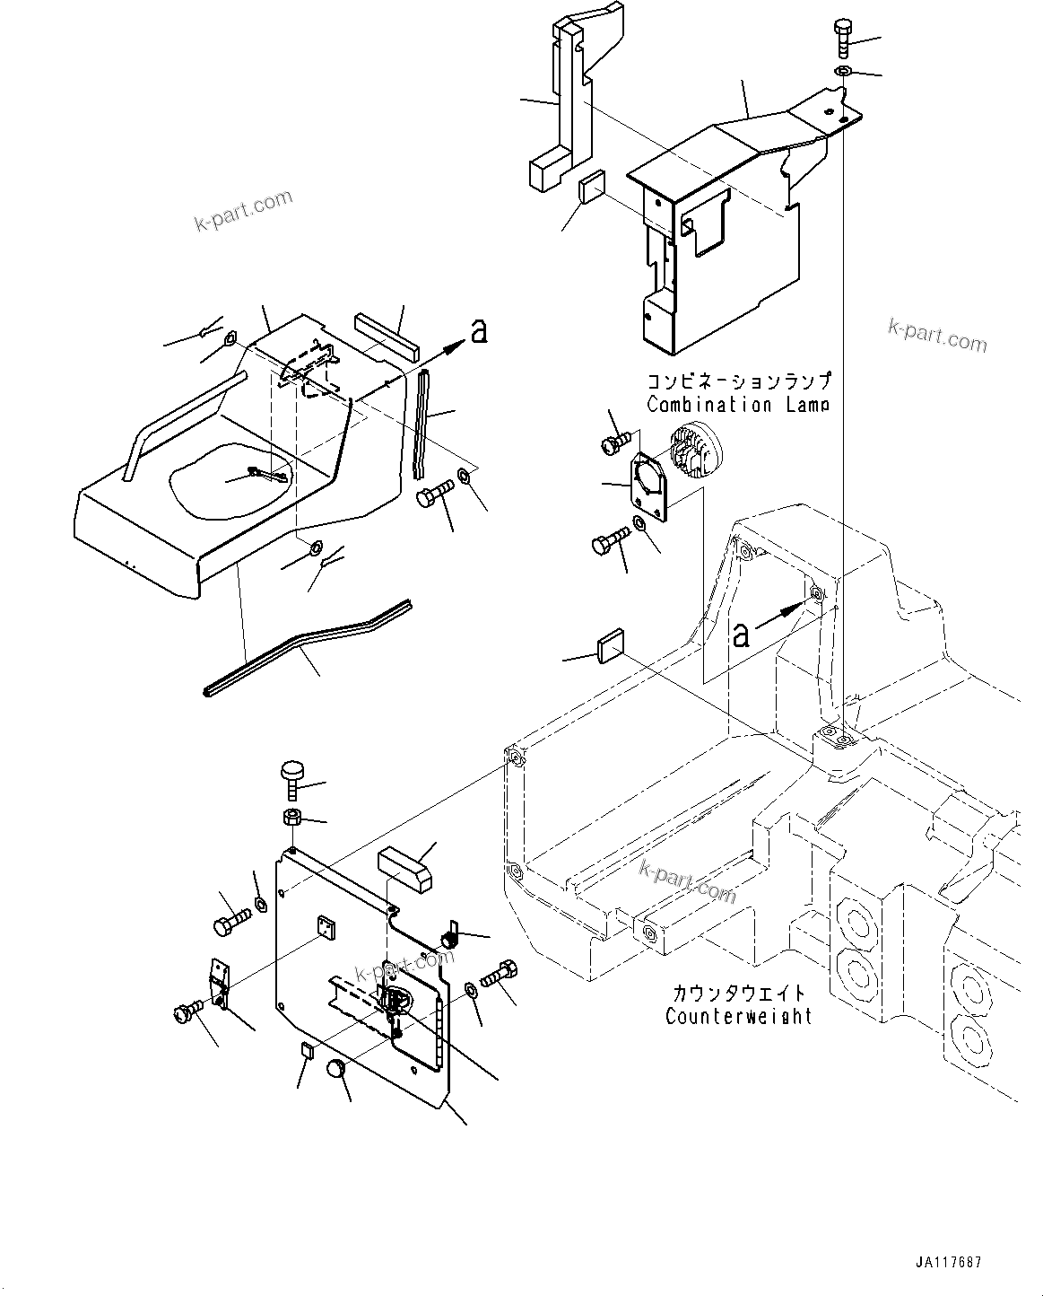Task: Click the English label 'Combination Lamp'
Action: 737,405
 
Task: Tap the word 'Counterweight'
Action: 738,1017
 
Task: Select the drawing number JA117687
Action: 949,1262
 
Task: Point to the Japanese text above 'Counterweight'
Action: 738,994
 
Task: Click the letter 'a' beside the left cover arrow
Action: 479,331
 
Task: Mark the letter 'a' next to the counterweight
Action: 741,635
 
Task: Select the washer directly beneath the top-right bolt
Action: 843,71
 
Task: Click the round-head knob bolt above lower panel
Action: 293,779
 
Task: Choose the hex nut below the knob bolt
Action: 291,817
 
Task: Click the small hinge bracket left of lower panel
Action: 218,983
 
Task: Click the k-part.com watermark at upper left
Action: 243,210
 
